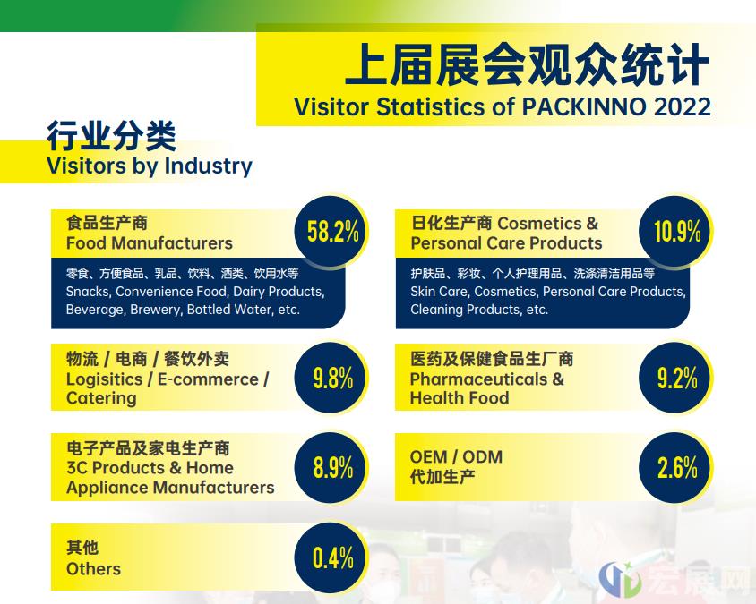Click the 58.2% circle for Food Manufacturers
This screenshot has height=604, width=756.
[x=332, y=231]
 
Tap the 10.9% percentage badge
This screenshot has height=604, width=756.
[x=676, y=231]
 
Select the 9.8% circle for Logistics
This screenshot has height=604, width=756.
[x=332, y=378]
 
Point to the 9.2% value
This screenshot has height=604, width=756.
[x=677, y=378]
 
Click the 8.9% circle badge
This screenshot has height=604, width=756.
[x=332, y=467]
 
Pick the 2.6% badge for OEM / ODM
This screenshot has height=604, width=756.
[x=676, y=467]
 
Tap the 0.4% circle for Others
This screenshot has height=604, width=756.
[x=332, y=557]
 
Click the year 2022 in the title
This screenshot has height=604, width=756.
[x=682, y=106]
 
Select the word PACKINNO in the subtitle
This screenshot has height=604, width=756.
[x=584, y=106]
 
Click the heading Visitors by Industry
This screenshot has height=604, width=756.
[x=150, y=166]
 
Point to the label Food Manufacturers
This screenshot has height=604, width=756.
[x=150, y=243]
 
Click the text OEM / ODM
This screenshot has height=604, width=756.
[x=456, y=456]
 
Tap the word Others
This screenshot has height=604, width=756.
[x=93, y=569]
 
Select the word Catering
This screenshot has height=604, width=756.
[x=101, y=399]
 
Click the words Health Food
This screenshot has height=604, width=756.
[x=460, y=398]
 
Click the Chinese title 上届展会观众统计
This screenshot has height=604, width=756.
[x=528, y=64]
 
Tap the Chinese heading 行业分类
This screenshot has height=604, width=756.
[x=111, y=136]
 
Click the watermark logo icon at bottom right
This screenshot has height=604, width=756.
[x=620, y=578]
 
